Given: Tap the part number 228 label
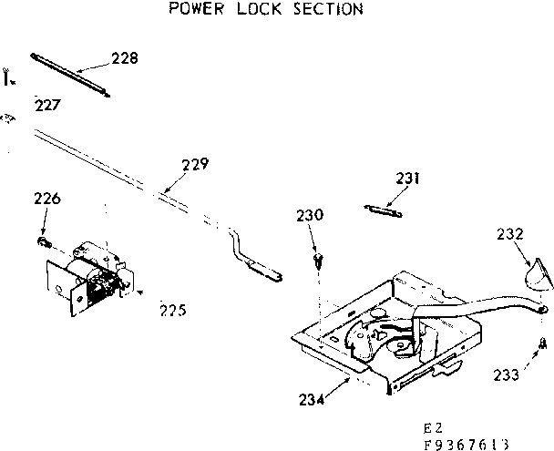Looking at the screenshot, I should tap(125, 58).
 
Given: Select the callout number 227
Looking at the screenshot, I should tap(47, 105).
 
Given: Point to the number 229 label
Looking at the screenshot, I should tap(195, 165).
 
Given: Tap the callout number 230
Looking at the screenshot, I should tap(310, 216).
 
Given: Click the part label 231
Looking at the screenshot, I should tap(409, 178).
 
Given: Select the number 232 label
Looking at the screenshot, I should tap(510, 233).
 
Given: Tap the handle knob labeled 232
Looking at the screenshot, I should tap(537, 273).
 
